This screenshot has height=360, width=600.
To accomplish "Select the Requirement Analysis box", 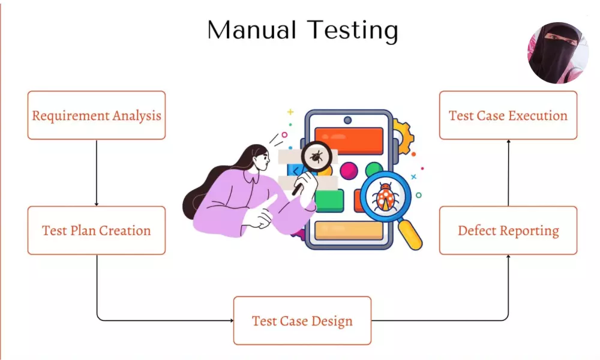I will point(97,115).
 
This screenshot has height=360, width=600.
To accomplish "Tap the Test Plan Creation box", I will point(97,230).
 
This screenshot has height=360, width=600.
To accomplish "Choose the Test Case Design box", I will point(302,320).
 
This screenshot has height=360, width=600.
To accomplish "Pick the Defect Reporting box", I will point(508,230).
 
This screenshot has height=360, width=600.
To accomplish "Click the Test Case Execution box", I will point(508,115).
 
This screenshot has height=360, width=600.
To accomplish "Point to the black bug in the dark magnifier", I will point(316,158).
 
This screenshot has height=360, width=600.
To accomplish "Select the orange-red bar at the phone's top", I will point(349,141).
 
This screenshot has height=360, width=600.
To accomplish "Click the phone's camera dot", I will point(348,120).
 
